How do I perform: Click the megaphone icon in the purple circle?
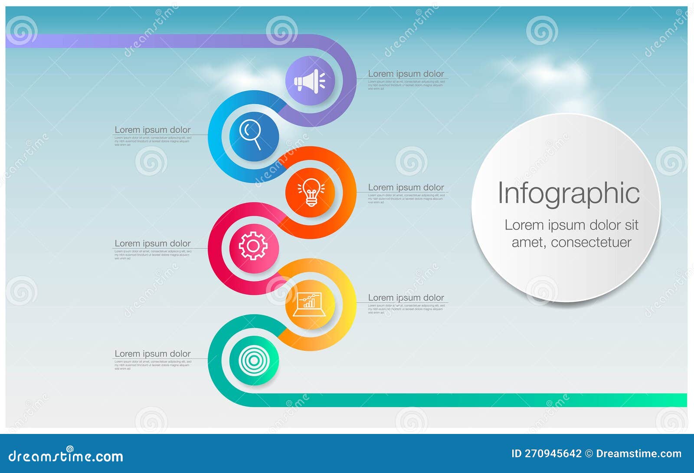310,81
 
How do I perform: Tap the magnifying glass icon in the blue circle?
252,135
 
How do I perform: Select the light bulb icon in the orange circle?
311,192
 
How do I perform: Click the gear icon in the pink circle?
253,246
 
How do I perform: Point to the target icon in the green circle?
254,361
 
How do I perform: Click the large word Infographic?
568,193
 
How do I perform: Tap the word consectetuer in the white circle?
591,242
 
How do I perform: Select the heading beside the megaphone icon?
406,74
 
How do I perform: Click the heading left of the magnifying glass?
152,130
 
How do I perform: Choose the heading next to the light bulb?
406,187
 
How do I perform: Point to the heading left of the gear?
152,243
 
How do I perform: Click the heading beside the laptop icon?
406,298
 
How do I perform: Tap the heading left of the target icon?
152,354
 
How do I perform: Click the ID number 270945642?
553,454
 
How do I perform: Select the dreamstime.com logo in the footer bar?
66,456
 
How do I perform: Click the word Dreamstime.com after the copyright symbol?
638,454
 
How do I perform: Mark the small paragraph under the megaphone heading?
406,85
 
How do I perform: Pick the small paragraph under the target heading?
152,365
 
